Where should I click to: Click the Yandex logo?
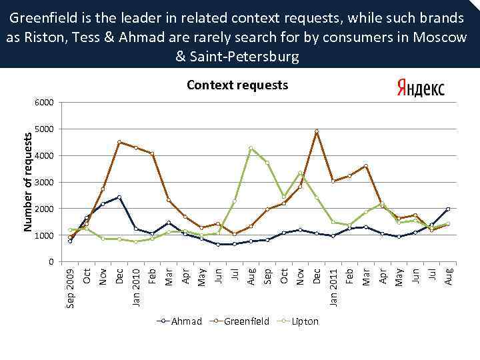420,89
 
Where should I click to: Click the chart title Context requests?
237,85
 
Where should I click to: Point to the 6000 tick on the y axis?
44,103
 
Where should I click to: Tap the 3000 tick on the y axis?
44,183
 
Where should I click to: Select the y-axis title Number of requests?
28,181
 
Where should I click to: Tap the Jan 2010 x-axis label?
135,287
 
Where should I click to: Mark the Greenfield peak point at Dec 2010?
317,131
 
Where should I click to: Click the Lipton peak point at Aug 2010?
251,148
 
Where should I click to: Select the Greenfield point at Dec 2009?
119,142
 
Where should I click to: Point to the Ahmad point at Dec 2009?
119,197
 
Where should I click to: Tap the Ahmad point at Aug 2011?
448,209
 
